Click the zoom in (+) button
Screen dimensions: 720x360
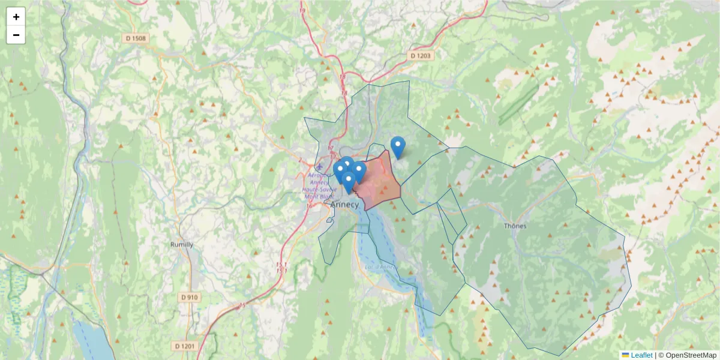pos(16,17)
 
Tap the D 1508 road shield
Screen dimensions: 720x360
pos(136,38)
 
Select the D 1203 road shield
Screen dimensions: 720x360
pos(420,55)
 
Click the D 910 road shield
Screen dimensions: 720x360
pos(189,297)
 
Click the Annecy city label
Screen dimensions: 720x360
pos(344,205)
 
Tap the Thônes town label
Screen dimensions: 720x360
pos(515,226)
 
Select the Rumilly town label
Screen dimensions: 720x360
pos(182,245)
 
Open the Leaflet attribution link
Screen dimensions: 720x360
pos(641,355)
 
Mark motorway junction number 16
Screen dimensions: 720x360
pos(310,206)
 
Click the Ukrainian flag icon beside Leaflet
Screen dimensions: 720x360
pos(625,355)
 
